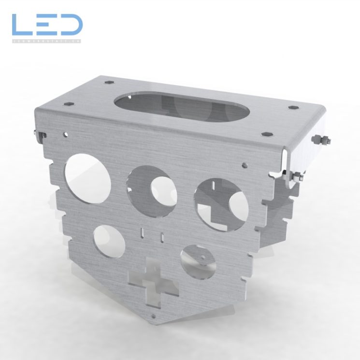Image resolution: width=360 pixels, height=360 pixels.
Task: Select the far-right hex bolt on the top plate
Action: [293, 107]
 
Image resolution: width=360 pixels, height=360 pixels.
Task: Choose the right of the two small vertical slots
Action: [163, 236]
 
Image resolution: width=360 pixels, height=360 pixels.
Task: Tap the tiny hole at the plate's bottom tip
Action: [154, 317]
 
